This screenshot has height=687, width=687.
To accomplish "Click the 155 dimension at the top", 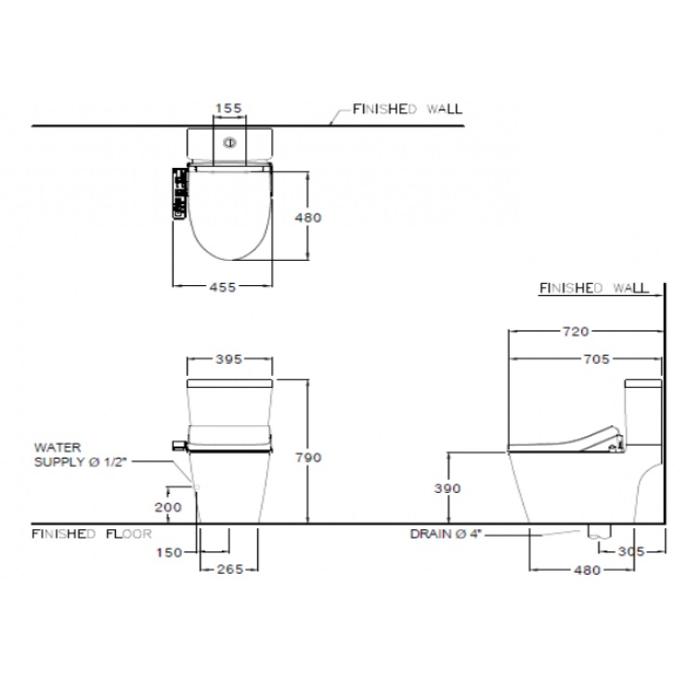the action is [228, 108].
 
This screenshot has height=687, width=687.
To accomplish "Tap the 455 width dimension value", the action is [223, 288].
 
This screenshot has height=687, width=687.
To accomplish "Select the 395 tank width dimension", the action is [228, 359].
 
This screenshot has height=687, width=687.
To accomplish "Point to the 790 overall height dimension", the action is [308, 458].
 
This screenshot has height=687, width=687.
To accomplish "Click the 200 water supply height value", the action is [168, 508].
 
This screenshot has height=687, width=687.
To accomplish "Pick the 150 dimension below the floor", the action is [169, 553].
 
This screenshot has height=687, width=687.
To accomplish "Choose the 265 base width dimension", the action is [230, 570].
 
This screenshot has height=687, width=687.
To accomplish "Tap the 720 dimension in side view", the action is [576, 331].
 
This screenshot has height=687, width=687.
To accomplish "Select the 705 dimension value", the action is [596, 359].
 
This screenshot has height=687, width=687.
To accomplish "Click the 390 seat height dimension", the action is [447, 488].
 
